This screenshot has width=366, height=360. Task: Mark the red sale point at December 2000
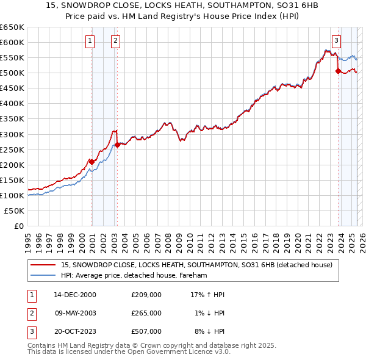(x=91, y=162)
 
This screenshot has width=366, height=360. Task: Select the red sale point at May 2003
(x=117, y=145)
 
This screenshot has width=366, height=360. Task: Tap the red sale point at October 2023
(x=338, y=71)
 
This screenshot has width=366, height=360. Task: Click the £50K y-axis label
(x=15, y=211)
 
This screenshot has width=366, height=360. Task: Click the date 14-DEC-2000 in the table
(x=75, y=295)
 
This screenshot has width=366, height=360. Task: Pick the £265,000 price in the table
(x=146, y=313)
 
